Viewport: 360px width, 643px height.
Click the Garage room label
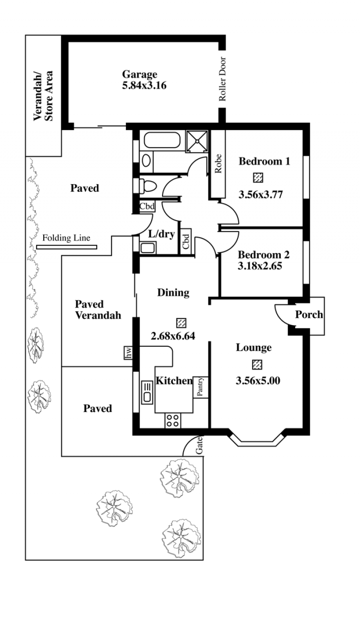click(139, 75)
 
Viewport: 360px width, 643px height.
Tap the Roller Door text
click(222, 79)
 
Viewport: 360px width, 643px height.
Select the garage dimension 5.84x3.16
click(144, 86)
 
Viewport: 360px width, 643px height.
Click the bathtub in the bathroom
click(162, 140)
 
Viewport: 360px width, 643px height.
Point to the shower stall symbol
click(197, 141)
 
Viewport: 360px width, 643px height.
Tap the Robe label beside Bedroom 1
click(218, 163)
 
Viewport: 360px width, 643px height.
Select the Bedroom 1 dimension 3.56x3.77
click(261, 195)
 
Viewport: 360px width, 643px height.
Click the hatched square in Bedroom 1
click(258, 178)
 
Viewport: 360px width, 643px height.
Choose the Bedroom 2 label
click(264, 255)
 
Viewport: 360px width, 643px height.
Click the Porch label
click(309, 315)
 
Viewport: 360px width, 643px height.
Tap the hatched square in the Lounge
click(257, 365)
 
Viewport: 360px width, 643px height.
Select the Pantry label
click(200, 387)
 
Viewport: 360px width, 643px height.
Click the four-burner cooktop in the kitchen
click(173, 421)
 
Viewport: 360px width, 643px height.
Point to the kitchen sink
click(147, 392)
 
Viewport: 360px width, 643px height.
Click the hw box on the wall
click(128, 353)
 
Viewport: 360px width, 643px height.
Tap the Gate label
click(199, 445)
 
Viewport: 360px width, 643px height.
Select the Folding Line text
click(66, 238)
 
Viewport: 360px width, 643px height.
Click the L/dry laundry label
click(162, 234)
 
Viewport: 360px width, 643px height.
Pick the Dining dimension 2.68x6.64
click(173, 336)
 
